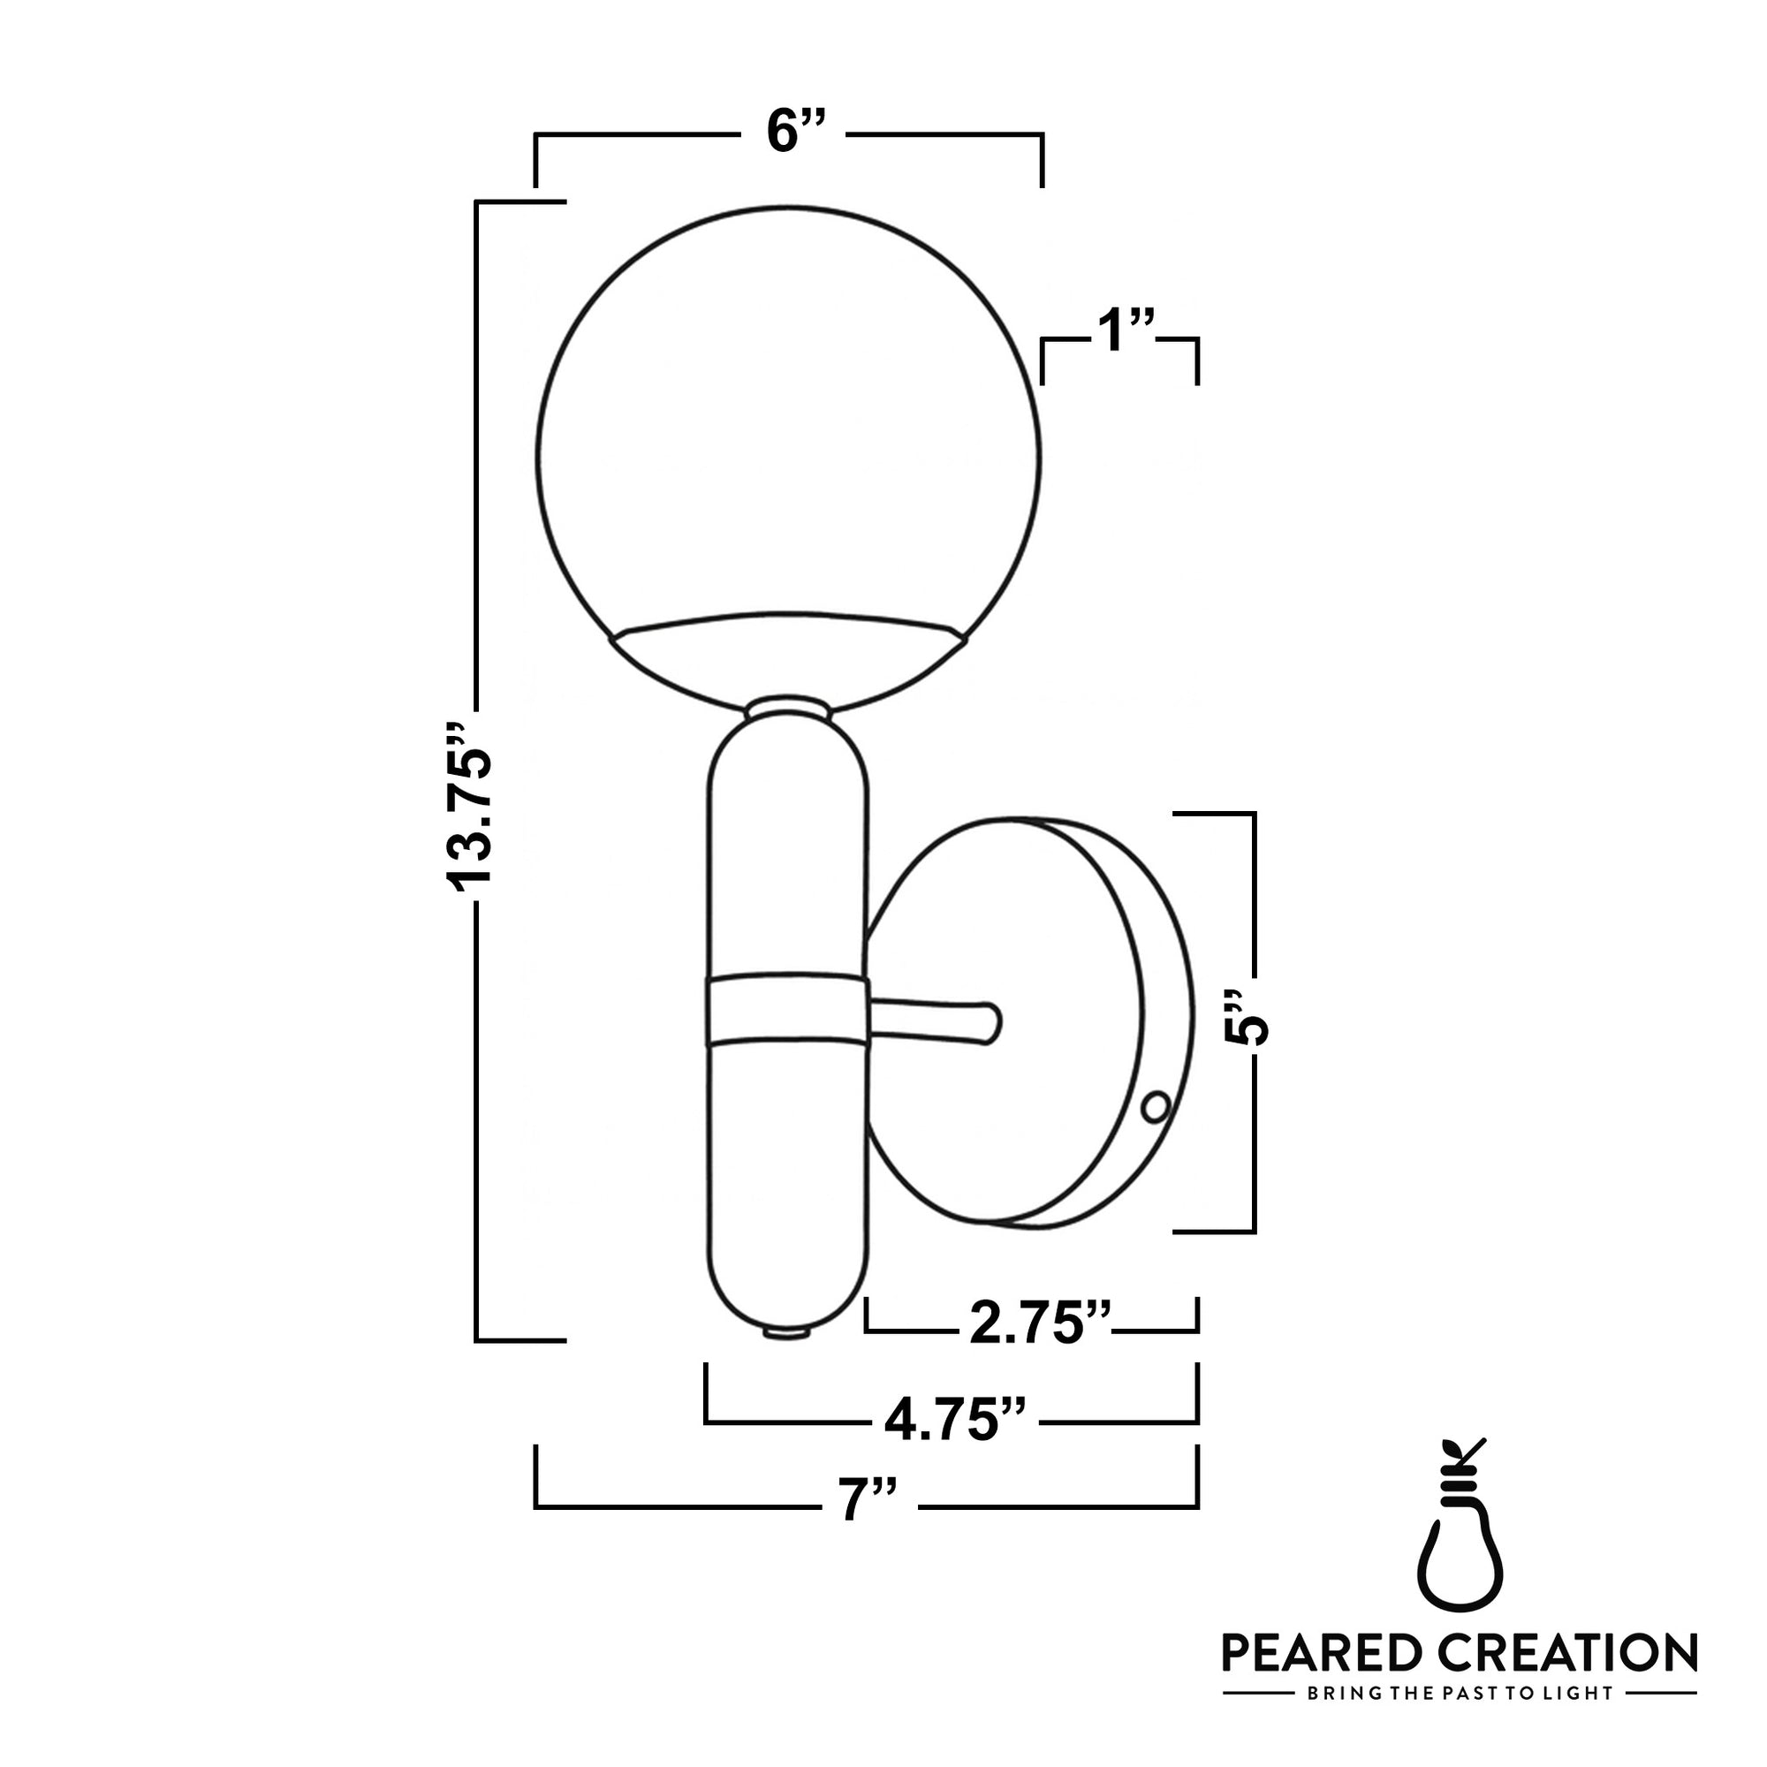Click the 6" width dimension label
(795, 132)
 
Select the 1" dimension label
(1124, 330)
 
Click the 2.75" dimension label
(1040, 1323)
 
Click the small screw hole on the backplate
(1155, 1107)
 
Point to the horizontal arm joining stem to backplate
(933, 1020)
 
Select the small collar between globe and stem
(788, 709)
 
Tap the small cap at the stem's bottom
(787, 1334)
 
